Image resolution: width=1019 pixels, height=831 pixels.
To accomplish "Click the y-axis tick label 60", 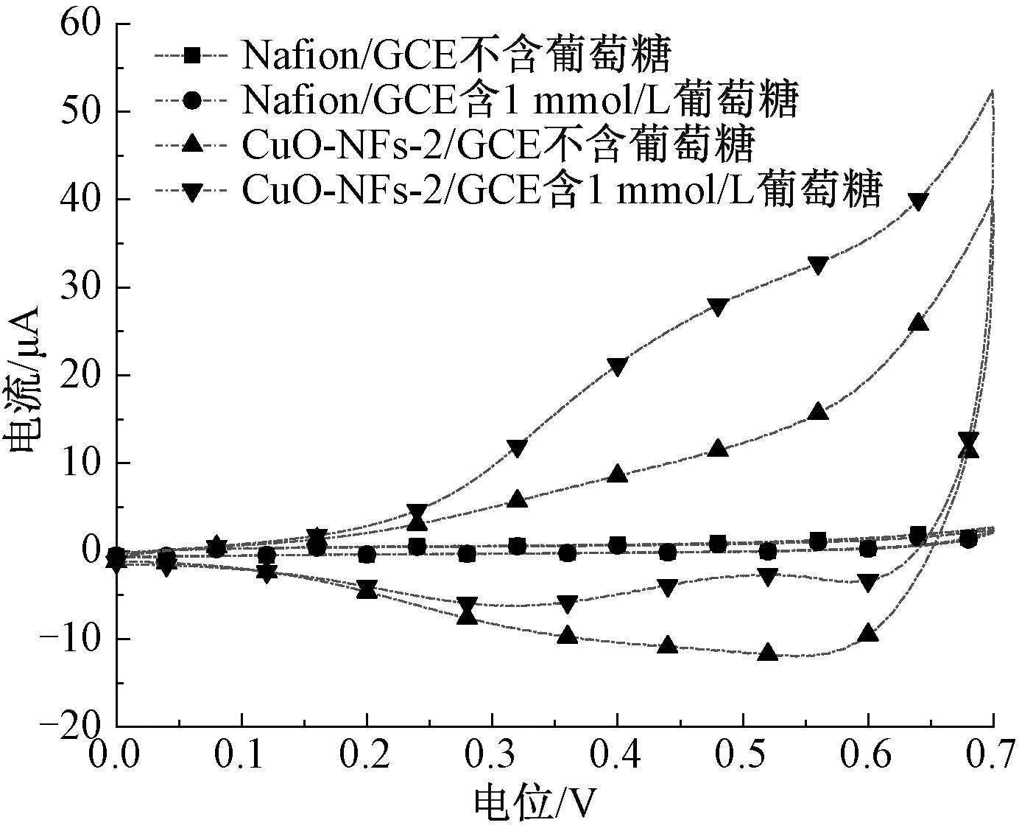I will coord(80,24).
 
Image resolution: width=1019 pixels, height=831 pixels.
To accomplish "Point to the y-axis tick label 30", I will coord(80,287).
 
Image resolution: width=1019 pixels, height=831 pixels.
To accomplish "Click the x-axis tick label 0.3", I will coord(492,756).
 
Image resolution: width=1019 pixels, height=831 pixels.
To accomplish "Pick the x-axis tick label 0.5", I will coord(743,756).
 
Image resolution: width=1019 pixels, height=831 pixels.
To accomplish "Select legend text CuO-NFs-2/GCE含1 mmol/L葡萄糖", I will coord(561,192).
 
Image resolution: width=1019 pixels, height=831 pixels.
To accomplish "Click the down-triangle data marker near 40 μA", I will coord(918,201).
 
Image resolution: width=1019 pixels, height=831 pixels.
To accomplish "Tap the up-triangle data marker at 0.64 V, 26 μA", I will coord(918,323).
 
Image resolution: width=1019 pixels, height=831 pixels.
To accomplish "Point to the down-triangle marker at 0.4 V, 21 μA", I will coord(617,366).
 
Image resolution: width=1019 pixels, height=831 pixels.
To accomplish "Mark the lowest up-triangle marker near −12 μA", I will coord(768,652).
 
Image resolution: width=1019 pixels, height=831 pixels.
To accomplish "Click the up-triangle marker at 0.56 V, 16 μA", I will coord(818,412).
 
